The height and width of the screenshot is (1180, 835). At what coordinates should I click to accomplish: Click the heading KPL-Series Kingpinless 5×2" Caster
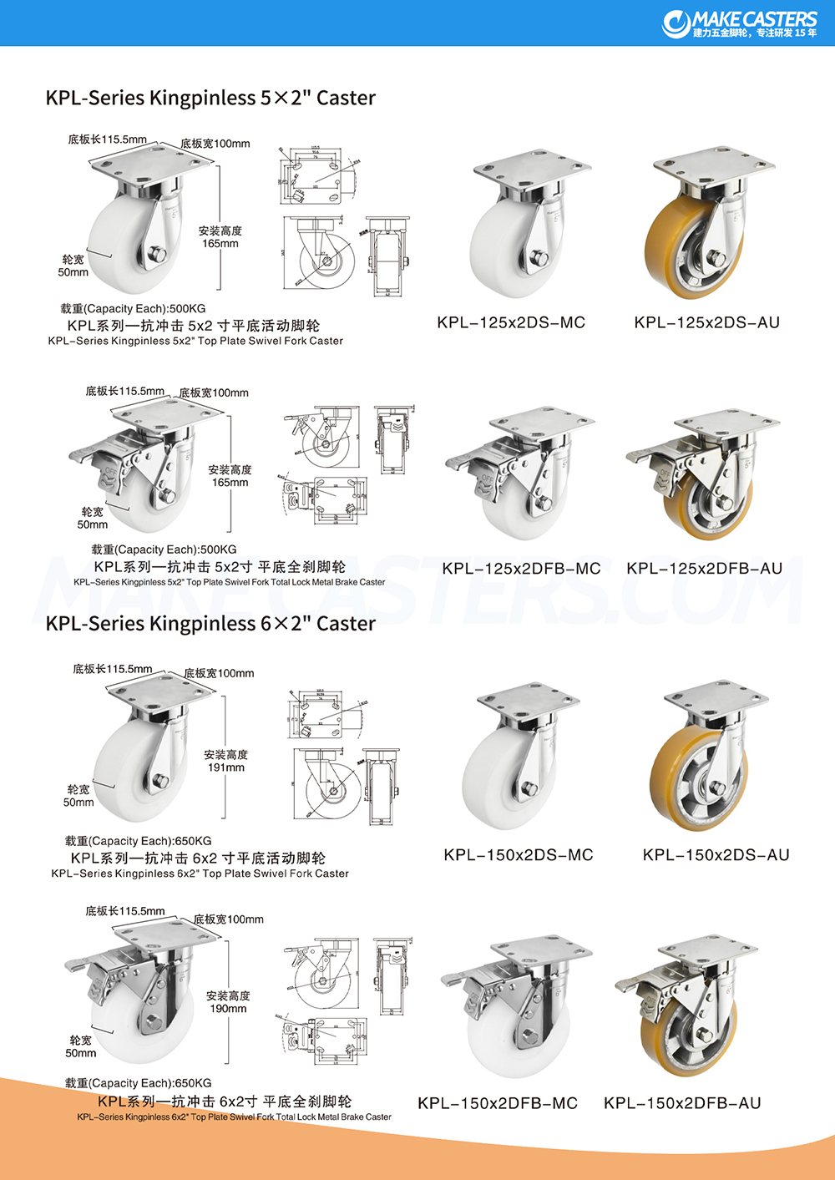[x=210, y=98]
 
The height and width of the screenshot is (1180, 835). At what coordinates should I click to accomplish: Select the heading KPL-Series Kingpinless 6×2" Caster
[x=210, y=624]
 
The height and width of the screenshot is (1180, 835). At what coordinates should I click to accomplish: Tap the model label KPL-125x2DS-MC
[x=511, y=322]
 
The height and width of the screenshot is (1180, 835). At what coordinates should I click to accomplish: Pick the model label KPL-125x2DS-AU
[x=706, y=322]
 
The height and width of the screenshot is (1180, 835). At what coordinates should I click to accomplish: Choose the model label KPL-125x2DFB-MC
[x=521, y=569]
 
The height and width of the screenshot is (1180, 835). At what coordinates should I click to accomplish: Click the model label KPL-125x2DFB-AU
[x=704, y=569]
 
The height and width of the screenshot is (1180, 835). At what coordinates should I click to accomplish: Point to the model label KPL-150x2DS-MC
[x=519, y=855]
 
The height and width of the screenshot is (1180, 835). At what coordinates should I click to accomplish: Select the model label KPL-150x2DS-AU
[x=716, y=855]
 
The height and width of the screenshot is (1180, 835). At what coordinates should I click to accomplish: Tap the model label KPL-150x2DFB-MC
[x=498, y=1103]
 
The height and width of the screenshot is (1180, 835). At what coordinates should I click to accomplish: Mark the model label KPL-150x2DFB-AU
[x=682, y=1103]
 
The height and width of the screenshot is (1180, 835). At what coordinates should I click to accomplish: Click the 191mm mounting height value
[x=226, y=767]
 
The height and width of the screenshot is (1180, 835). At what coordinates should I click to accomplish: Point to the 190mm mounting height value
[x=228, y=1009]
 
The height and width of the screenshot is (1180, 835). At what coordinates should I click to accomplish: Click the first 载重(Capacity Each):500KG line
[x=133, y=309]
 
